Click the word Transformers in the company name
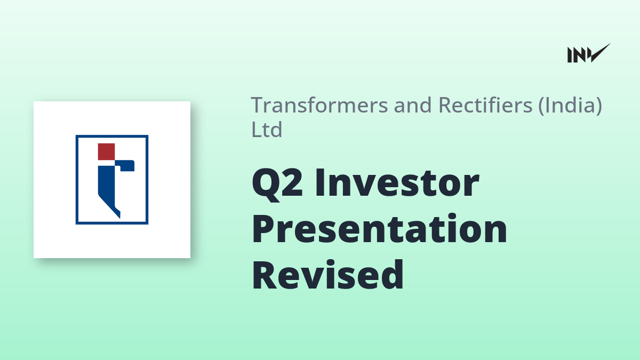coord(319,105)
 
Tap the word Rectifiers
coord(485,105)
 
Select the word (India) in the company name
coord(570,106)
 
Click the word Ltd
coord(267,130)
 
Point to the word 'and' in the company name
coord(413,105)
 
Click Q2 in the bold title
coord(277,183)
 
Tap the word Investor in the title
coord(397,183)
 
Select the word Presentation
coord(379,229)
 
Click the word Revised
coord(327,274)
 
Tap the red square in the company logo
coord(106,151)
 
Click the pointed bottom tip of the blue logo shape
coord(119,218)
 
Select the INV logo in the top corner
coord(589,53)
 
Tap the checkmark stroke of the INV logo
coord(600,52)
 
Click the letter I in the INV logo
coord(570,55)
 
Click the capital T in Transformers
coord(258,106)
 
